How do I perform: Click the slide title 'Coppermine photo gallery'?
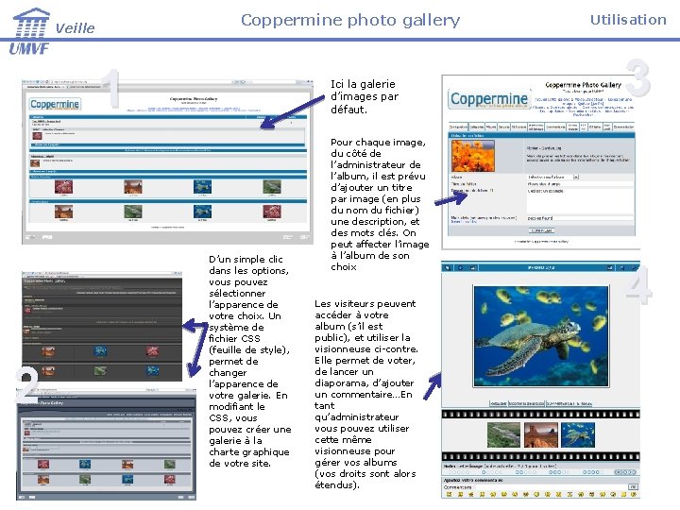pyautogui.click(x=349, y=20)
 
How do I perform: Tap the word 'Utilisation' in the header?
pyautogui.click(x=628, y=19)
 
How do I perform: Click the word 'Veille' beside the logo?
pyautogui.click(x=76, y=28)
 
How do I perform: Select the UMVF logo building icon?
pyautogui.click(x=30, y=21)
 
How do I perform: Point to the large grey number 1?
pyautogui.click(x=111, y=88)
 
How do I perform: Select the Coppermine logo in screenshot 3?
pyautogui.click(x=489, y=99)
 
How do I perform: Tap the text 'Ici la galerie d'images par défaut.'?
pyautogui.click(x=364, y=96)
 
